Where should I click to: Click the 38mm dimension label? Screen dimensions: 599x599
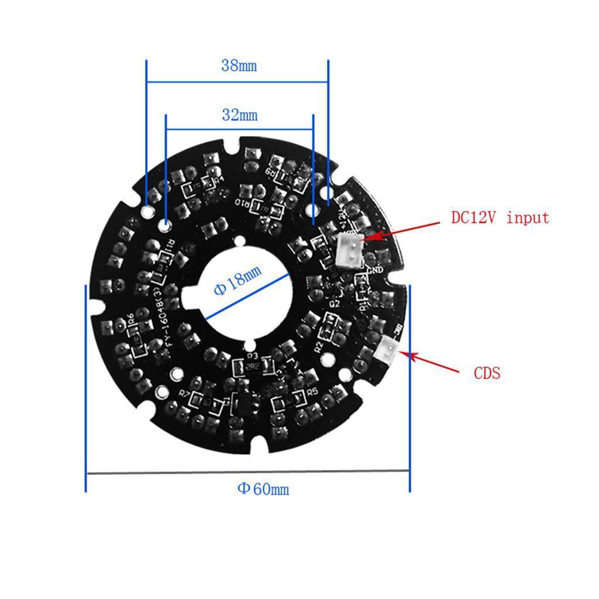(239, 66)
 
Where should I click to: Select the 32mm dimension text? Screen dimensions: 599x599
(239, 115)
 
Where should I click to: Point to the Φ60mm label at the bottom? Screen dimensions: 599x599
(263, 489)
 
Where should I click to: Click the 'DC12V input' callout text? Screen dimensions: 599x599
(500, 218)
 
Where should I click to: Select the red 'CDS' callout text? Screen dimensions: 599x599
(487, 373)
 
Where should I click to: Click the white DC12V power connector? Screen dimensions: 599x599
(350, 247)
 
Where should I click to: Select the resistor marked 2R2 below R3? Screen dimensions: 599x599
(253, 367)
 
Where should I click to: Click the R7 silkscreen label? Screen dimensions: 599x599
(184, 394)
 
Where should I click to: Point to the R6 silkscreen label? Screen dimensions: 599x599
(131, 319)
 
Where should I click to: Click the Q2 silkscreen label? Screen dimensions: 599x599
(335, 304)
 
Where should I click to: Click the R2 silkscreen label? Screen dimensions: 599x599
(319, 346)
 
